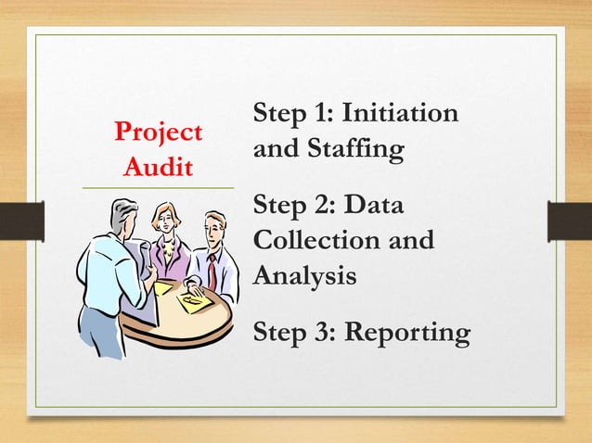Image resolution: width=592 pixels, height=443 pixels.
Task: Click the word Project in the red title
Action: coord(158,133)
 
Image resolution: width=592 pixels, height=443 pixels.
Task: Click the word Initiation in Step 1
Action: coord(400,114)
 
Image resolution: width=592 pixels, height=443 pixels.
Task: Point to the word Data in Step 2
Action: coord(380,206)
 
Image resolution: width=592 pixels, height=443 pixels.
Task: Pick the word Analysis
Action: coord(305,274)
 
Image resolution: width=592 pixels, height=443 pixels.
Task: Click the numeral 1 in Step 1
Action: coord(323,114)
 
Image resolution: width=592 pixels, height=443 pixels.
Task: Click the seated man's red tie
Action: coord(212,272)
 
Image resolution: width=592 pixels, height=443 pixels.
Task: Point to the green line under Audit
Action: coord(158,188)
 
